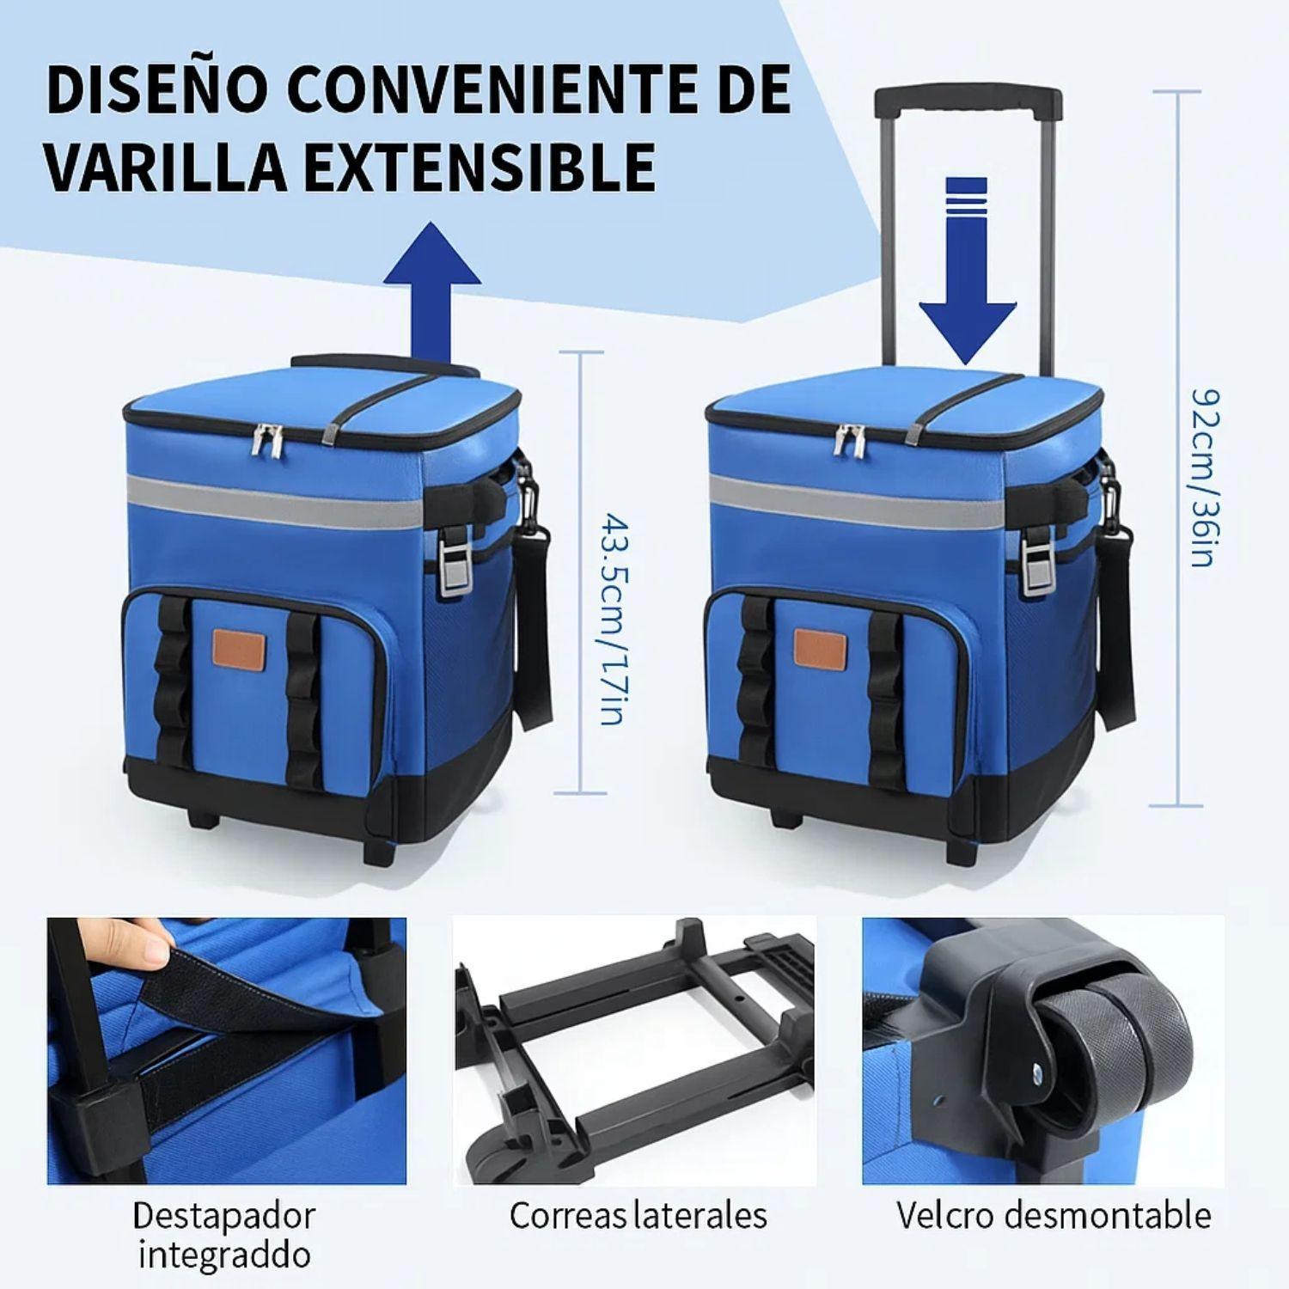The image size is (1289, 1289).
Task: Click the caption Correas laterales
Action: point(638,1215)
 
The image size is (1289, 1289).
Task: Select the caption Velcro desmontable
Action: point(1054,1215)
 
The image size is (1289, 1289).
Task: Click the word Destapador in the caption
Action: point(223,1215)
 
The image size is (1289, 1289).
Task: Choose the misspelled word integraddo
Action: point(223,1255)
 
